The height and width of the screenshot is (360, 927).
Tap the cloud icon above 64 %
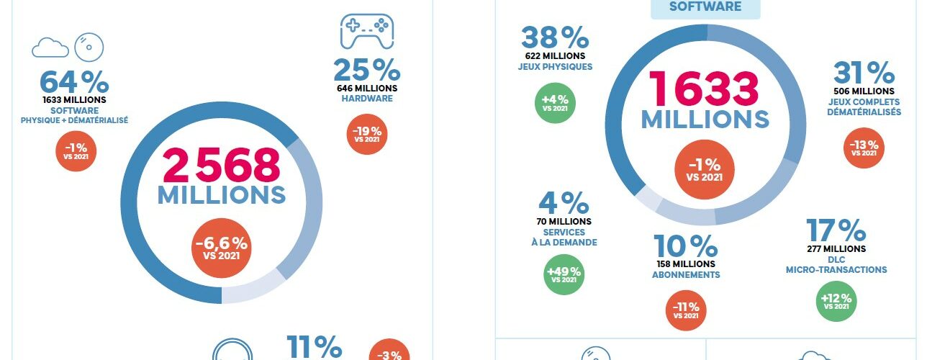point(50,48)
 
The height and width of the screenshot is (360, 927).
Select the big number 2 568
point(221,165)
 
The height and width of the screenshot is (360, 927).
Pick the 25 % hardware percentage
point(366,70)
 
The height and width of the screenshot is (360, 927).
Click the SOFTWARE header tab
point(705,6)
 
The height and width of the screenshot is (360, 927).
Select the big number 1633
point(705,89)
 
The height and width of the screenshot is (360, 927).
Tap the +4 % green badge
point(555,103)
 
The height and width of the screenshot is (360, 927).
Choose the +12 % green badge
point(836,301)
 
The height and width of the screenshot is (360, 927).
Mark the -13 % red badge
point(864,148)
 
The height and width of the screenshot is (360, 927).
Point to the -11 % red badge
point(685,310)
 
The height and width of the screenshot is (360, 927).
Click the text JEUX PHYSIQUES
point(555,67)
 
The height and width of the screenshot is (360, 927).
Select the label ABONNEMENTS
point(685,275)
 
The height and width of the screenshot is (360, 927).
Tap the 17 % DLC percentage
point(836,230)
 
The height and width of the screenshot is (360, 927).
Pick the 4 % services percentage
point(564,202)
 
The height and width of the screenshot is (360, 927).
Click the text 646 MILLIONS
point(366,88)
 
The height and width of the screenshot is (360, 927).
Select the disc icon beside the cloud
point(89,46)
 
